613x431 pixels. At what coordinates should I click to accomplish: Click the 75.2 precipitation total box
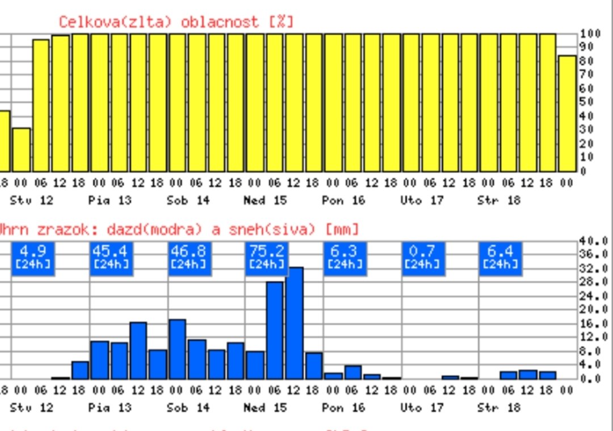click(266, 258)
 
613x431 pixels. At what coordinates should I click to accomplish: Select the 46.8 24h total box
click(188, 258)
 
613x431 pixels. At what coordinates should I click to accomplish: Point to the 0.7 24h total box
click(422, 258)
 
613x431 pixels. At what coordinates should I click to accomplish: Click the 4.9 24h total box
click(32, 258)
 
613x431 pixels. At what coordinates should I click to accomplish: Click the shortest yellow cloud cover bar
click(21, 150)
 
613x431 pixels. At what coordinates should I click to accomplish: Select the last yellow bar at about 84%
click(566, 113)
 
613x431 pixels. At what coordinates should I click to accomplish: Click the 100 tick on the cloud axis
click(587, 34)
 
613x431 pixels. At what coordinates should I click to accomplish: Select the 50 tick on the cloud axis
click(586, 102)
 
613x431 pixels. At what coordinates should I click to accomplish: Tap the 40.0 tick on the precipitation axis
click(594, 240)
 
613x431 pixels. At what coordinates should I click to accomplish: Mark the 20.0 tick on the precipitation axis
click(594, 309)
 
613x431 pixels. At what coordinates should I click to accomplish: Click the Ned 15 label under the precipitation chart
click(265, 407)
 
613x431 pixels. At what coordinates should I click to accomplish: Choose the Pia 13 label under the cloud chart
click(110, 200)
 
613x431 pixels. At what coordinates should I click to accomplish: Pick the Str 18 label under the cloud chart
click(499, 200)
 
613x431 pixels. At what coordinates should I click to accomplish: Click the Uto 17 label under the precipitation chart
click(421, 407)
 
